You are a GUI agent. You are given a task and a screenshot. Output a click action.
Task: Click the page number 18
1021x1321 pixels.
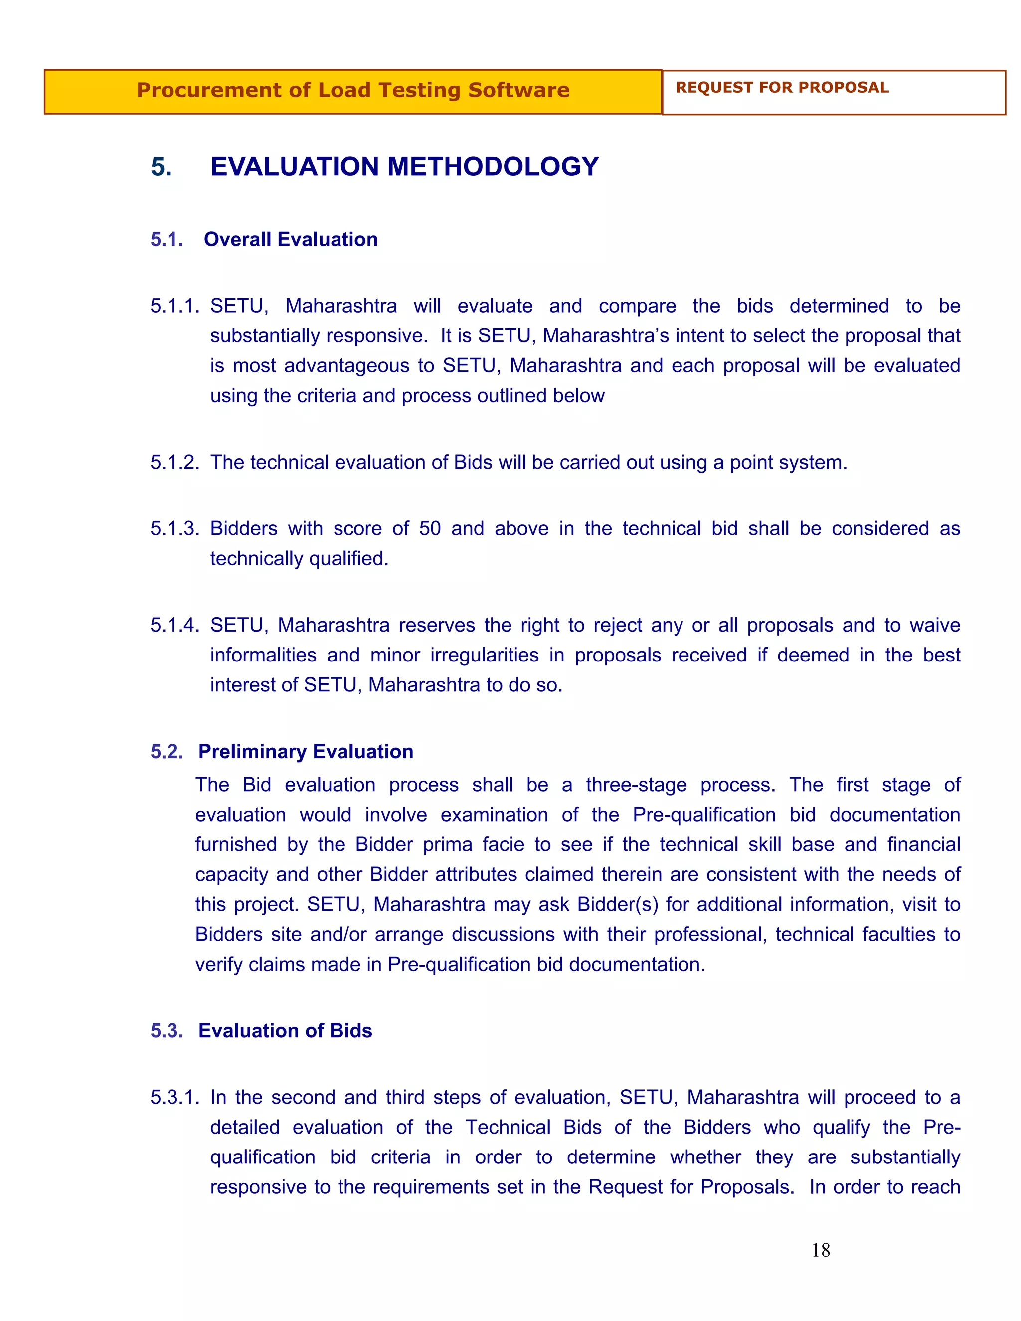[820, 1250]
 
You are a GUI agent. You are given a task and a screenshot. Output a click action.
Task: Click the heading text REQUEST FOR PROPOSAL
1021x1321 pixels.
[782, 88]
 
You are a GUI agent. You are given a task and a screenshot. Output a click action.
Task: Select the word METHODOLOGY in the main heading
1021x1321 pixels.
[493, 167]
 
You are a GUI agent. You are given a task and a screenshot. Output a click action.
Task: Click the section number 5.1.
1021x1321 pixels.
[167, 239]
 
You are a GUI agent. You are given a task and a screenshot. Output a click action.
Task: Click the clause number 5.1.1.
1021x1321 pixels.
[174, 306]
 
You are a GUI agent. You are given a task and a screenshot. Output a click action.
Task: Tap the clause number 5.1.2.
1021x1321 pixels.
[174, 462]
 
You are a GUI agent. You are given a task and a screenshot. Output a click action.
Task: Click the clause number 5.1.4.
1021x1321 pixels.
[174, 625]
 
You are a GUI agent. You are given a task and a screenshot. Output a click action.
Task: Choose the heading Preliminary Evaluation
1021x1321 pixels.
[306, 751]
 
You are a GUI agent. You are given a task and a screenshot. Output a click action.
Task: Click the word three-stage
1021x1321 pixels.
[636, 785]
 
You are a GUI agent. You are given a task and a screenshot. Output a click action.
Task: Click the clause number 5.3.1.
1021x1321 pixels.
[174, 1097]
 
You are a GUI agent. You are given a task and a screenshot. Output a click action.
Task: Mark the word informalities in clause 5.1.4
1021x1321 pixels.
[263, 655]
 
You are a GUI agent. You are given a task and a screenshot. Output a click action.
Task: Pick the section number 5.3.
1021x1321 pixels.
[167, 1031]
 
